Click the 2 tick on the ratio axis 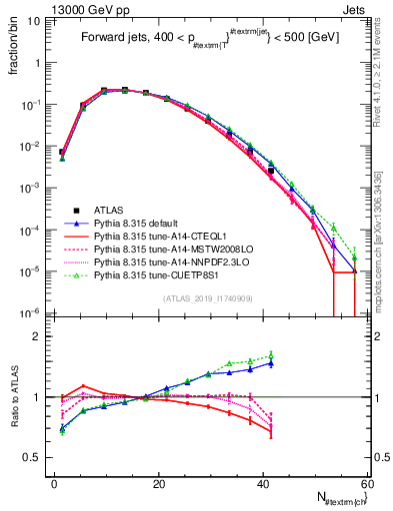click(x=40, y=336)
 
